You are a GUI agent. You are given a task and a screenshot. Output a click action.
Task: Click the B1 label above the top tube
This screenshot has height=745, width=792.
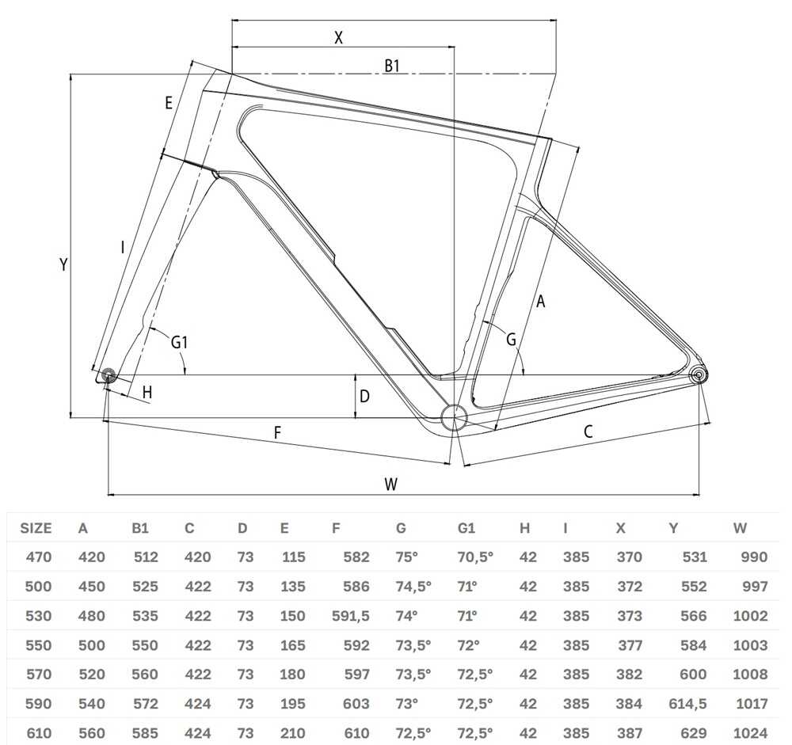[392, 66]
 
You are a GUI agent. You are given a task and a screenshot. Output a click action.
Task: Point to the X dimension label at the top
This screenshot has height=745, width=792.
[338, 37]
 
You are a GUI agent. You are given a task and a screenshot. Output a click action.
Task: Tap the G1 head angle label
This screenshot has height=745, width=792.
[179, 343]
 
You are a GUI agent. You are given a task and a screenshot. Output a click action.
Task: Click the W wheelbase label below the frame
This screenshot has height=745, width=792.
[390, 484]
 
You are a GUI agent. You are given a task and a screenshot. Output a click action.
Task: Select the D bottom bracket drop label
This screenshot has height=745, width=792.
[364, 397]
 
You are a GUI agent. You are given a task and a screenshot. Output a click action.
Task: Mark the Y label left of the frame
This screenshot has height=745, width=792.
[63, 264]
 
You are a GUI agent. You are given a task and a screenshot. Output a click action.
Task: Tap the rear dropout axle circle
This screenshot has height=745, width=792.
[699, 375]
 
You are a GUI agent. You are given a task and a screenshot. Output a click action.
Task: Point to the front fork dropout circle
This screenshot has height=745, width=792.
[108, 375]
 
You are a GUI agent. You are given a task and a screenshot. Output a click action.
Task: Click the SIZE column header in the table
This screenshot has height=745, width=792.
[36, 528]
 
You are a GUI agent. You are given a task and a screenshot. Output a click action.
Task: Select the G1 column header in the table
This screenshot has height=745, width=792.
[466, 528]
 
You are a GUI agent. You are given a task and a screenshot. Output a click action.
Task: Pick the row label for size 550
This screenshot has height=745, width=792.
[38, 645]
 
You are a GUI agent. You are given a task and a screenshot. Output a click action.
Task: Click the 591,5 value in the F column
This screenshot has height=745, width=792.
[351, 616]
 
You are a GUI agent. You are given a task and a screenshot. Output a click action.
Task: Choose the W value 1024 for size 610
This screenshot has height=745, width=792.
[751, 733]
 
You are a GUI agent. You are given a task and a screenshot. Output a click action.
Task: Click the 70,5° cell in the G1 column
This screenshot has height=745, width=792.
[474, 557]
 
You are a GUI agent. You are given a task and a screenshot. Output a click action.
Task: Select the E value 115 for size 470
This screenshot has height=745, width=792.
[294, 557]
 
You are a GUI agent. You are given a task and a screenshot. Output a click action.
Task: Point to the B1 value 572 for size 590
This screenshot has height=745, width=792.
[146, 704]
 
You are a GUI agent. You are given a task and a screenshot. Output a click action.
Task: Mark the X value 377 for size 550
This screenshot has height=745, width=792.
[630, 645]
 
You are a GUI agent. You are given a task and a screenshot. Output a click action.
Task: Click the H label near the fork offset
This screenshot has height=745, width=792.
[147, 392]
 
